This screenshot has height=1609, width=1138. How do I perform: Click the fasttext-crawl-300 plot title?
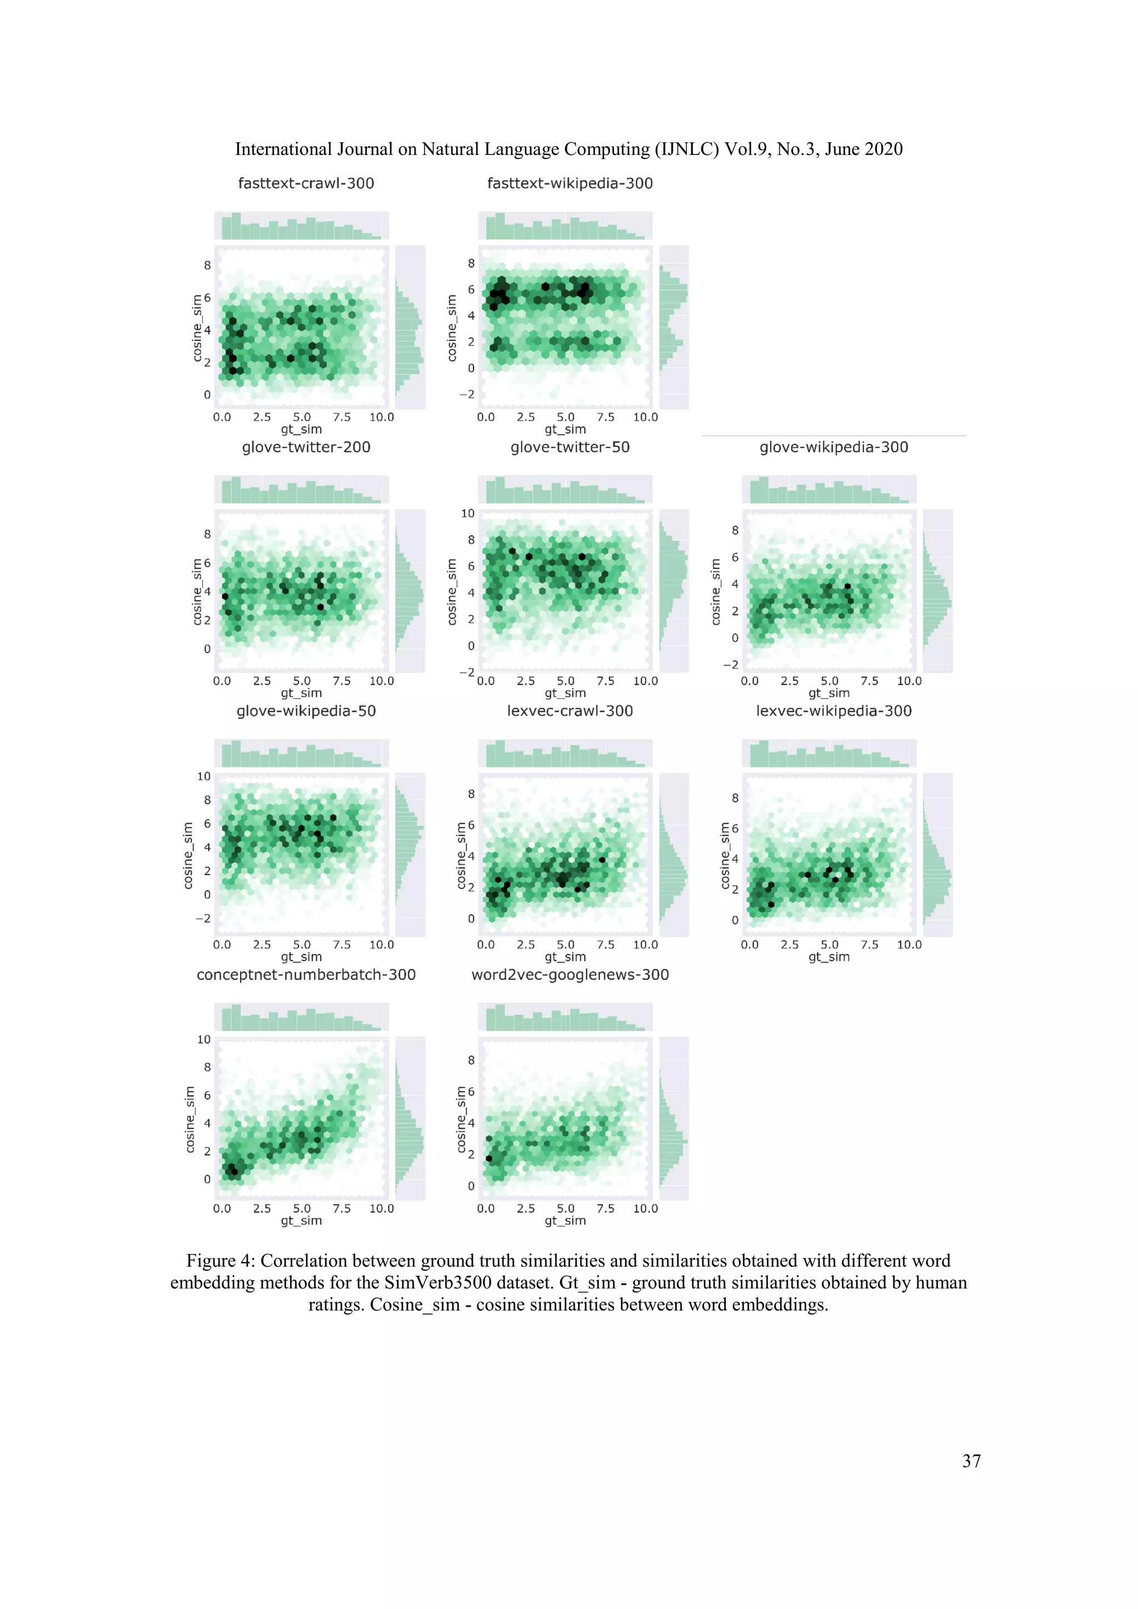(306, 183)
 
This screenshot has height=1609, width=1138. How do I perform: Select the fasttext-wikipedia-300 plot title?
(570, 183)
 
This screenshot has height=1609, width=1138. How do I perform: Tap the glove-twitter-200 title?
(306, 447)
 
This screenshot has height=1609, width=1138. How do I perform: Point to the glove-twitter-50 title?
(570, 447)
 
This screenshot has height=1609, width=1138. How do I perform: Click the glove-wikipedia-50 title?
(306, 711)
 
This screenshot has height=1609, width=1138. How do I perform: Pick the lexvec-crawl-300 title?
(570, 711)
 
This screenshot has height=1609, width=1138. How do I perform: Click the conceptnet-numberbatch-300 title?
(306, 975)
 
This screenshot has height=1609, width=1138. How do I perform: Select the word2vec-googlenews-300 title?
(570, 975)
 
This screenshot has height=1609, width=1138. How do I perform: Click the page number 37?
(971, 1461)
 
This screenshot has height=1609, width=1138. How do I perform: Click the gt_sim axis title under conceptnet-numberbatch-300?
(301, 1221)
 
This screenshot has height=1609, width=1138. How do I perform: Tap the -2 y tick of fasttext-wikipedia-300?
(466, 394)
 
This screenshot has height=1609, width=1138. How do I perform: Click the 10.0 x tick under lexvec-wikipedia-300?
(909, 945)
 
